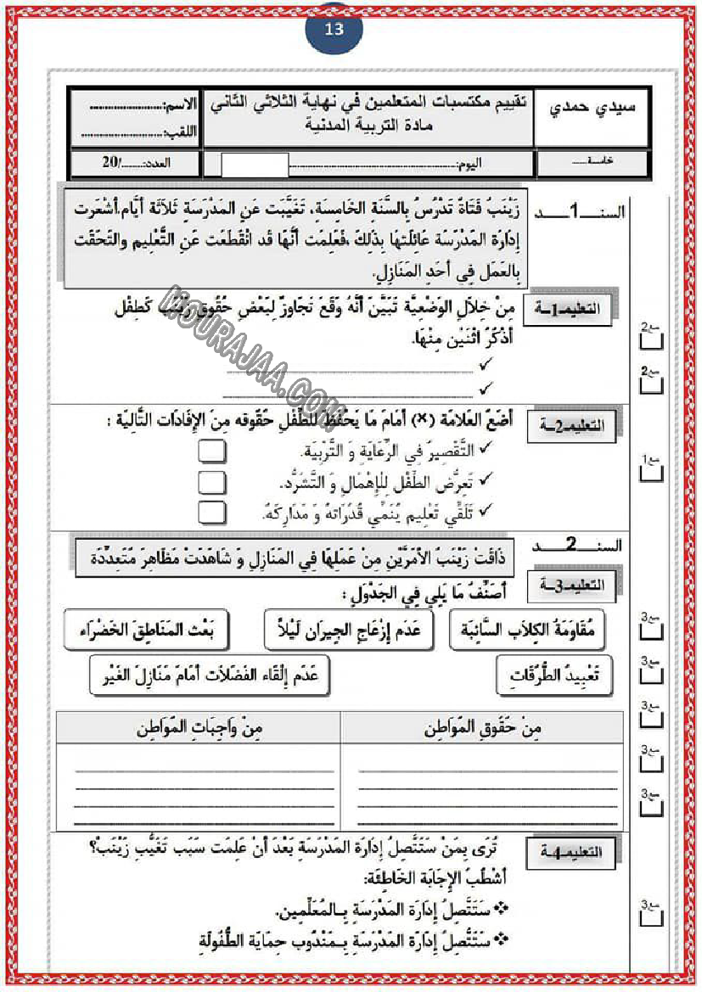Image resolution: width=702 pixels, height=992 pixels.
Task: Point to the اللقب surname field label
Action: click(181, 132)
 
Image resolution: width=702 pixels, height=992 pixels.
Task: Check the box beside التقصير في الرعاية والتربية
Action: click(212, 451)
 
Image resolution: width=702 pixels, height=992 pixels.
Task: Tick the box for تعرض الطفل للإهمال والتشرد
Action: click(212, 482)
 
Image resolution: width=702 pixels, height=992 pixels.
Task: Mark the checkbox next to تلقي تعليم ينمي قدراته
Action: click(212, 512)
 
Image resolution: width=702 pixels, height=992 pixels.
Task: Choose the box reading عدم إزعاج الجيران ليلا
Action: click(349, 629)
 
